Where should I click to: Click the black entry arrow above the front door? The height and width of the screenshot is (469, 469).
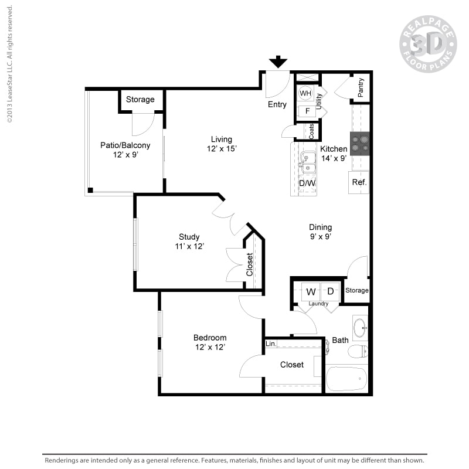pos(278,62)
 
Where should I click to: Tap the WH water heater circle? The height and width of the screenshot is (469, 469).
pos(305,93)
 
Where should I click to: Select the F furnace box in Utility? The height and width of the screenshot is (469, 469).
pos(305,111)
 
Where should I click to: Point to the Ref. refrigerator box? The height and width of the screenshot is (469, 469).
pos(359,182)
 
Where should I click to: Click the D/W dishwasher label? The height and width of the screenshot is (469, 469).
pos(307,183)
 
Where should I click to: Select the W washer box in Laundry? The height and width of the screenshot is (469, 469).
pos(311,291)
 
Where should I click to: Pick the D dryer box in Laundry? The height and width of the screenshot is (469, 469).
pos(330,291)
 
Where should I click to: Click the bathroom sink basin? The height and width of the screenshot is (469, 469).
pos(359,327)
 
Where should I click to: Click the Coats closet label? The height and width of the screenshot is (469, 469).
pos(311,130)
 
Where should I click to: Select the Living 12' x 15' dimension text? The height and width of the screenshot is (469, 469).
pos(222,149)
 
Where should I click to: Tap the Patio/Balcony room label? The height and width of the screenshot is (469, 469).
pos(125,145)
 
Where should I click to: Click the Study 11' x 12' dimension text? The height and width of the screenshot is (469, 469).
pos(189,246)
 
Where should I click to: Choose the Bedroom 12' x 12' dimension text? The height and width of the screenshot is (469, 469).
pos(210,347)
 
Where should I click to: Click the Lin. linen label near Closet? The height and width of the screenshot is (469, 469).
pos(270,344)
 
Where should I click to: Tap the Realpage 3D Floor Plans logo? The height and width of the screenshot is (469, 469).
pos(428,44)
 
